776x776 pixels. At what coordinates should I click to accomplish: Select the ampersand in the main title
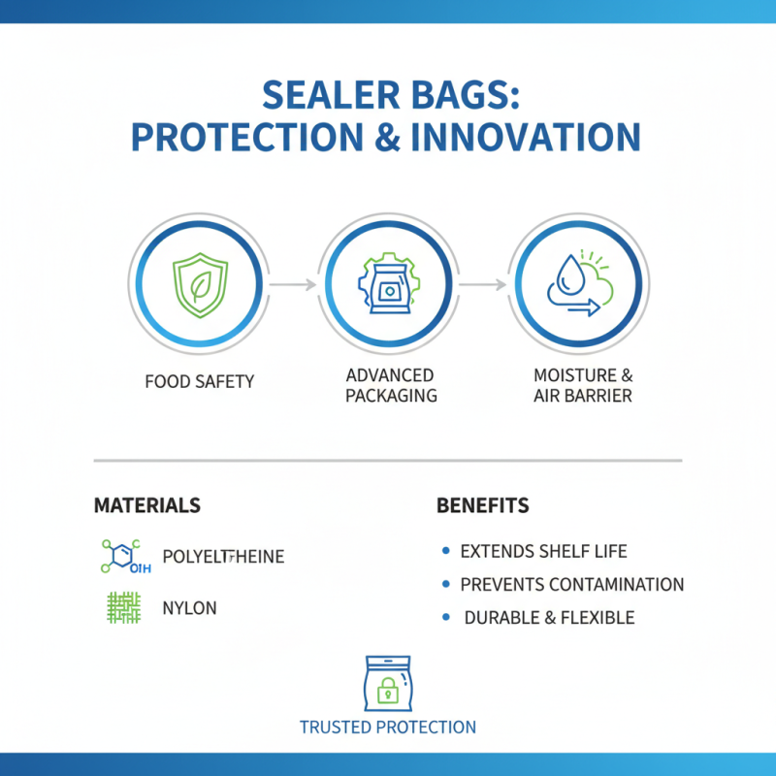[x=387, y=137]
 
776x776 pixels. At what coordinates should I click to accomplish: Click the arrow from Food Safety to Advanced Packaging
[x=292, y=284]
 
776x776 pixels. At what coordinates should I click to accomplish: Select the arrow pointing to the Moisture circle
[x=482, y=284]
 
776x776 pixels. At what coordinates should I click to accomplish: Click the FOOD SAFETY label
[x=199, y=381]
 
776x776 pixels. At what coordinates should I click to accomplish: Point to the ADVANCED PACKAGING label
[x=388, y=385]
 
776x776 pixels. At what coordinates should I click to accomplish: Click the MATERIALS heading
[x=147, y=505]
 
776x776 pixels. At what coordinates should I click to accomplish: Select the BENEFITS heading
[x=483, y=505]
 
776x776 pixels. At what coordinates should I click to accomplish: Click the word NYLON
[x=190, y=609]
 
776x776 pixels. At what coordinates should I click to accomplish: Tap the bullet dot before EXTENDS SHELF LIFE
[x=445, y=551]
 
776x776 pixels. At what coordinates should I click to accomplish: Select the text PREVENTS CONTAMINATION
[x=572, y=585]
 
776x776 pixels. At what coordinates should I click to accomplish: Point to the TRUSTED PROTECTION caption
[x=388, y=727]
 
